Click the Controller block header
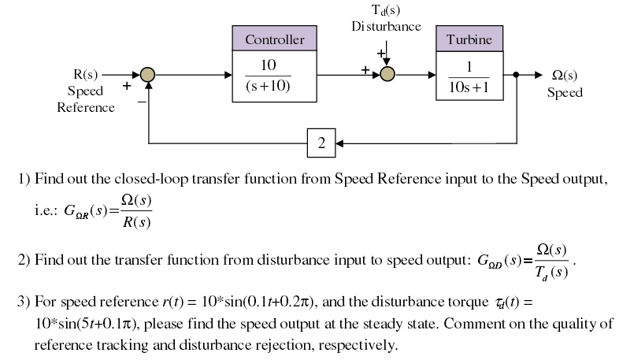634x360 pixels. pyautogui.click(x=274, y=39)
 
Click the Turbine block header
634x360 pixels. pyautogui.click(x=469, y=39)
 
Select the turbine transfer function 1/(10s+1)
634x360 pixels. pyautogui.click(x=469, y=76)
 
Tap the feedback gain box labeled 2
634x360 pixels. pyautogui.click(x=321, y=143)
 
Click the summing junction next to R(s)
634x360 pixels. pyautogui.click(x=147, y=75)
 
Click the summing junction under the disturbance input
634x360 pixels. pyautogui.click(x=387, y=75)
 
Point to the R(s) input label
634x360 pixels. pyautogui.click(x=85, y=75)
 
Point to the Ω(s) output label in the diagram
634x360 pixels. pyautogui.click(x=565, y=76)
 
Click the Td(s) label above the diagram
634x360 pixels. pyautogui.click(x=386, y=10)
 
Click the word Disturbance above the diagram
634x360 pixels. pyautogui.click(x=386, y=26)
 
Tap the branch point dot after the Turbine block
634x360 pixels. pyautogui.click(x=516, y=75)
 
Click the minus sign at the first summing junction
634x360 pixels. pyautogui.click(x=142, y=101)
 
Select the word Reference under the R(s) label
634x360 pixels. pyautogui.click(x=86, y=108)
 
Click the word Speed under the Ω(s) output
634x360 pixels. pyautogui.click(x=565, y=92)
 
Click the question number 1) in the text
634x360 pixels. pyautogui.click(x=24, y=179)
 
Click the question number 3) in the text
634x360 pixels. pyautogui.click(x=24, y=302)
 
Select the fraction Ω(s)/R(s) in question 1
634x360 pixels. pyautogui.click(x=134, y=210)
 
